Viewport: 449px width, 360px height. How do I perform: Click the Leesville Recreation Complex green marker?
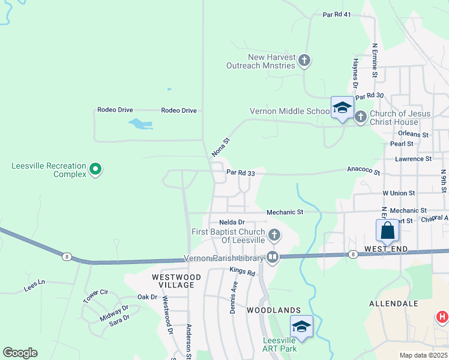click(x=95, y=170)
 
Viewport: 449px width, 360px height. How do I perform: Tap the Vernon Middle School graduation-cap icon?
click(x=342, y=108)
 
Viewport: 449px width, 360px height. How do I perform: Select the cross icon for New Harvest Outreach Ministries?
click(x=304, y=60)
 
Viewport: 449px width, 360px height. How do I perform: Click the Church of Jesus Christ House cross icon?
click(x=360, y=116)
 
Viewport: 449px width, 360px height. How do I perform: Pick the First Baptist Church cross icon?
click(x=274, y=235)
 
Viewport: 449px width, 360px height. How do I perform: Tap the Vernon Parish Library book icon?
click(x=273, y=257)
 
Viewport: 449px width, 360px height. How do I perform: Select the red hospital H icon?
click(x=442, y=316)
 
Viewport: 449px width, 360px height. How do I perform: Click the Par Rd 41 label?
click(x=336, y=14)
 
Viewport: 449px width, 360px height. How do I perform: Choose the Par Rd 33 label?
click(x=241, y=173)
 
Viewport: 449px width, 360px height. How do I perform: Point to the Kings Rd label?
click(x=242, y=272)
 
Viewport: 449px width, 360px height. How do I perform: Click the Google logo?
click(x=20, y=353)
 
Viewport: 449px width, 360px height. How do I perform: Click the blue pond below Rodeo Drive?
click(x=140, y=124)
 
